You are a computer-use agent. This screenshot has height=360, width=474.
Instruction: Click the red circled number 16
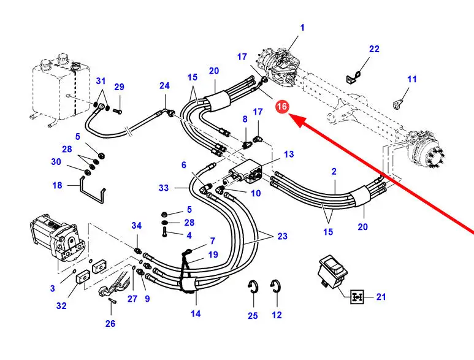[282, 107]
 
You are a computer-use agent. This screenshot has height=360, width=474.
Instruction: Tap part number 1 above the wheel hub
[302, 28]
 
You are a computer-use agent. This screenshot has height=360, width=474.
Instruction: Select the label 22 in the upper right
[374, 49]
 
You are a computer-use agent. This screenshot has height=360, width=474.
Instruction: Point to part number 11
[412, 79]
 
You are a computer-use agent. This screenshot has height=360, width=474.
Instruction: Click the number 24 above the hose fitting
[164, 86]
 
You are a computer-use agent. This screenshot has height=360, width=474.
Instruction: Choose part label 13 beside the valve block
[288, 154]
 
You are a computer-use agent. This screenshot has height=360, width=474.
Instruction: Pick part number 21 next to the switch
[381, 297]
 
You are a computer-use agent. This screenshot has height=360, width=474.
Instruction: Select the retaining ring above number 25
[253, 287]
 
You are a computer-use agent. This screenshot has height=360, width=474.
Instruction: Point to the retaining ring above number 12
[276, 287]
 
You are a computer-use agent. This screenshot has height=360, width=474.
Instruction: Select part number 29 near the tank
[119, 87]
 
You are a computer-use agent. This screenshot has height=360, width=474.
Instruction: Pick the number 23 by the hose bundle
[282, 236]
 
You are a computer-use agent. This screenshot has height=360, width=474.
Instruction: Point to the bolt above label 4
[165, 231]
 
